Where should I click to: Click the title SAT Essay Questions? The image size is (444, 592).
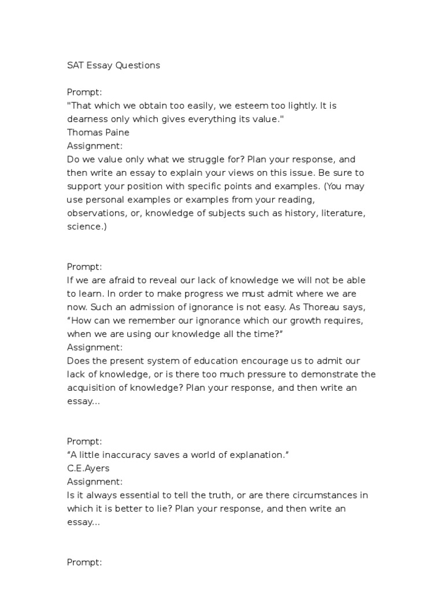(113, 65)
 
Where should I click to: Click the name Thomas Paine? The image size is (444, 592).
(98, 132)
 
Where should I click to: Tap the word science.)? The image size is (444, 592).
(87, 227)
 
